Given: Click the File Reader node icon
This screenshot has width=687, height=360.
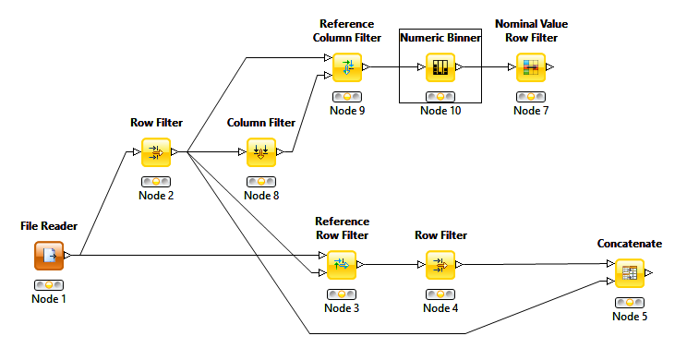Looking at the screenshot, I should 48,255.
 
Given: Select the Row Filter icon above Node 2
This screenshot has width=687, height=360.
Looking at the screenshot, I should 156,151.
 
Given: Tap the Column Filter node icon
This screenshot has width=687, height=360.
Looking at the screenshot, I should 261,151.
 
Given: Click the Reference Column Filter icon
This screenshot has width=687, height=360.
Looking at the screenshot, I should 346,67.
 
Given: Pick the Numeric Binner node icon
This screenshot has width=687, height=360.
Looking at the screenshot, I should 440,67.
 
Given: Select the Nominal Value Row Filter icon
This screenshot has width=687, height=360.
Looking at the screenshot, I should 531,67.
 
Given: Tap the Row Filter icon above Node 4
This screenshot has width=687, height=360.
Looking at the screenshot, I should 440,267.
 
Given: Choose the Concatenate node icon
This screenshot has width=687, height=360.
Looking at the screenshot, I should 630,273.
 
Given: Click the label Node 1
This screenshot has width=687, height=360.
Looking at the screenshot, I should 48,298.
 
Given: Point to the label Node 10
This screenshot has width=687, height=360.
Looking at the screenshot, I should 440,111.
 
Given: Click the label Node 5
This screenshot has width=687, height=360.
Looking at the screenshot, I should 630,317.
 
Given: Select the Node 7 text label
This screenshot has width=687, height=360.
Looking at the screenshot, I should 531,111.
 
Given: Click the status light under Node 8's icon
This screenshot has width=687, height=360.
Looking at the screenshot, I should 261,181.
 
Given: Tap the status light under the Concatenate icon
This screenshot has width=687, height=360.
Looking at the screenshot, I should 630,302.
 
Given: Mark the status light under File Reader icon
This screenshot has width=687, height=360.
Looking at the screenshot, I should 48,284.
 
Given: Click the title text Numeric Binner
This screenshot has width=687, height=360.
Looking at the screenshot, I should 440,38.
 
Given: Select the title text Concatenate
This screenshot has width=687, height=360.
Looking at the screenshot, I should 630,244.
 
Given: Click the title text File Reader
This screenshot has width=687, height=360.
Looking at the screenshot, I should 48,225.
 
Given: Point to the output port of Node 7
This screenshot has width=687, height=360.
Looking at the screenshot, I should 550,67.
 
